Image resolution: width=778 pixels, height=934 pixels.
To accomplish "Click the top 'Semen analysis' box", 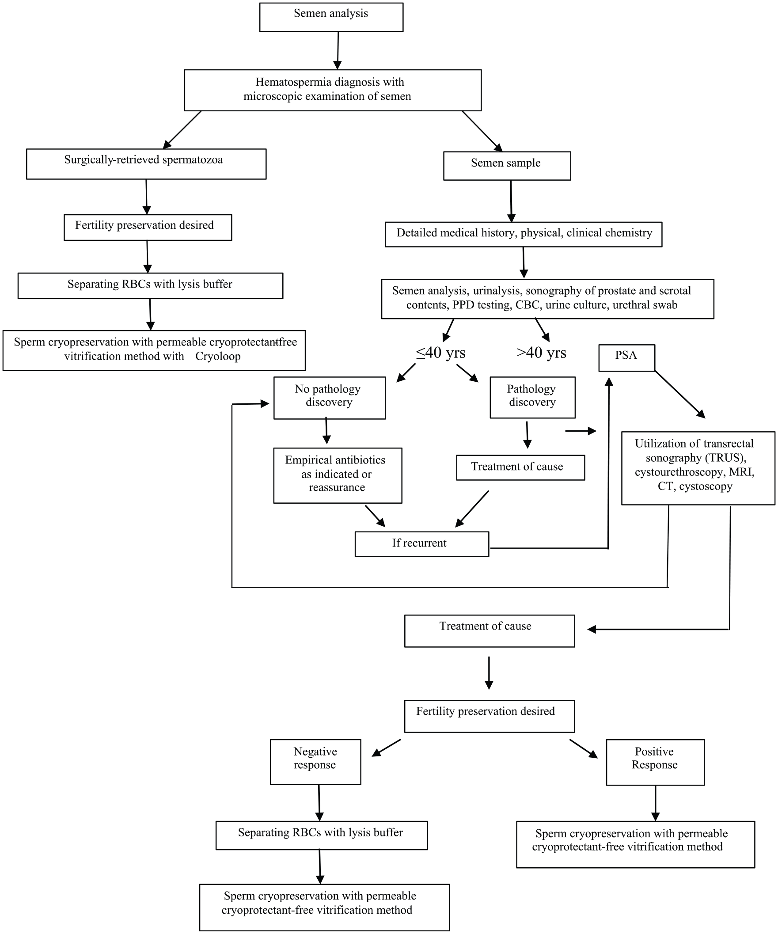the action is pyautogui.click(x=331, y=17).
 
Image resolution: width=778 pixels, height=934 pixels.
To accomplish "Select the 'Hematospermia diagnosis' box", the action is pyautogui.click(x=333, y=90).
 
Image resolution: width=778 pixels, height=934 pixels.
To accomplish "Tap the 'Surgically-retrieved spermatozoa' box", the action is pyautogui.click(x=146, y=164).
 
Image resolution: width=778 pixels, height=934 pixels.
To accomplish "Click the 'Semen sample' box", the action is pyautogui.click(x=507, y=166).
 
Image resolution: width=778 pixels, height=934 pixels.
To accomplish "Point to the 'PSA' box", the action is pyautogui.click(x=626, y=357).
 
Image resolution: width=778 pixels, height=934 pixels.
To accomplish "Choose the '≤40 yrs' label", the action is pyautogui.click(x=440, y=353).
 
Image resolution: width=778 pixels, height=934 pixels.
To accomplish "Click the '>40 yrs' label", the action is pyautogui.click(x=541, y=353).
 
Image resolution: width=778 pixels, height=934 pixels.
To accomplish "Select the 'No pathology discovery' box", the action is pyautogui.click(x=329, y=398).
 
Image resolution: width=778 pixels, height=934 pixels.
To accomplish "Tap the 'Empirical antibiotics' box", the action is pyautogui.click(x=338, y=475).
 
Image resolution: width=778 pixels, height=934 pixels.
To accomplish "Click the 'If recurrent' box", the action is pyautogui.click(x=422, y=544).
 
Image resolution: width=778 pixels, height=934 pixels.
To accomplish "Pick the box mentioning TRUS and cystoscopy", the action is pyautogui.click(x=698, y=468).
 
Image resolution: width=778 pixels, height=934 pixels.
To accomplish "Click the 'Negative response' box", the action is pyautogui.click(x=315, y=762).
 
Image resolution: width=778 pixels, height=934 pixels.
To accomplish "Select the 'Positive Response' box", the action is pyautogui.click(x=655, y=762).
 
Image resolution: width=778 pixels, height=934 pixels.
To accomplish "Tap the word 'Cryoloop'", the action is pyautogui.click(x=218, y=357).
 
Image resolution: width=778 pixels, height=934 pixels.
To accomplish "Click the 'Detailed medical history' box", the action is pyautogui.click(x=523, y=235).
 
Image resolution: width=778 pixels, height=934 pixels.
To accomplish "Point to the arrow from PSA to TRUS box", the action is pyautogui.click(x=679, y=395).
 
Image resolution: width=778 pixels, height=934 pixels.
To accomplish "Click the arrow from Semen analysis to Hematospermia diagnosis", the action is pyautogui.click(x=338, y=50).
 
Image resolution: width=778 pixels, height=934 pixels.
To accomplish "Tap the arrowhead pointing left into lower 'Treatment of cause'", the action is pyautogui.click(x=592, y=629).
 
